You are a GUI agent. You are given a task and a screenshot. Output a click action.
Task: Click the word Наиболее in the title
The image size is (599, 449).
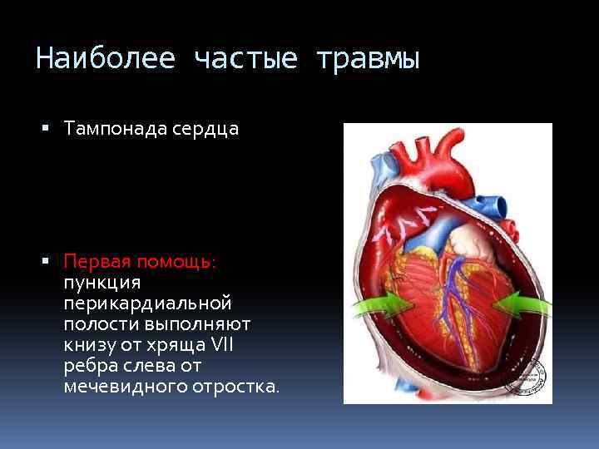point(105,60)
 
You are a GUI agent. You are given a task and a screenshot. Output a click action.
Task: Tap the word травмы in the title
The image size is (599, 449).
point(368,60)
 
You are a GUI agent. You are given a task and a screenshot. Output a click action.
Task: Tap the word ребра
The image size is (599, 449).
point(87,366)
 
